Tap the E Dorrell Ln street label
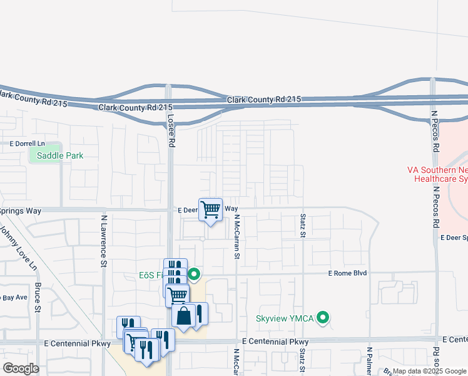[28, 144]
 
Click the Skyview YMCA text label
[285, 318]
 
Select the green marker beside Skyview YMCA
[323, 318]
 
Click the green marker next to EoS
[194, 274]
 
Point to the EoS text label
[150, 274]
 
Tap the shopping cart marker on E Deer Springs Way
[211, 209]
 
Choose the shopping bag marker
[184, 316]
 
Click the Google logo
[21, 368]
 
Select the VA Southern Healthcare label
[437, 174]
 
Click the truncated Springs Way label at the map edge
[21, 211]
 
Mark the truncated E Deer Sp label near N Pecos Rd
[454, 238]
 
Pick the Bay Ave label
[14, 297]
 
